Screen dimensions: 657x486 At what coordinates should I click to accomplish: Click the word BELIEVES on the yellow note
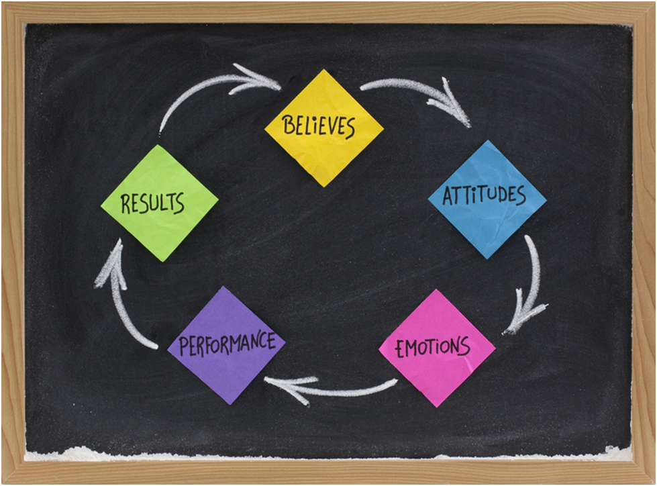pyautogui.click(x=319, y=126)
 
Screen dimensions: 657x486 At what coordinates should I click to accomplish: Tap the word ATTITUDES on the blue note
pyautogui.click(x=485, y=195)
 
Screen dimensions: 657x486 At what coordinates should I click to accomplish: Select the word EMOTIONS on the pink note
pyautogui.click(x=433, y=347)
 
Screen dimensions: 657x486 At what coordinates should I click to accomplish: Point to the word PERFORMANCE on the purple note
pyautogui.click(x=228, y=344)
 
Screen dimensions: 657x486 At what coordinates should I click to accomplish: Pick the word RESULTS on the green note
pyautogui.click(x=152, y=203)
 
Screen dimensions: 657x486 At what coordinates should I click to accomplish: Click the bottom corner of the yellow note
pyautogui.click(x=324, y=187)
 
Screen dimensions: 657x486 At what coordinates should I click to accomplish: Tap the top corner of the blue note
pyautogui.click(x=487, y=140)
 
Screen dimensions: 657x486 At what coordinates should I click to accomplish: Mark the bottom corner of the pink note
pyautogui.click(x=437, y=407)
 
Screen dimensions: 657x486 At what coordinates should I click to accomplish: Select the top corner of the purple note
pyautogui.click(x=223, y=287)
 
